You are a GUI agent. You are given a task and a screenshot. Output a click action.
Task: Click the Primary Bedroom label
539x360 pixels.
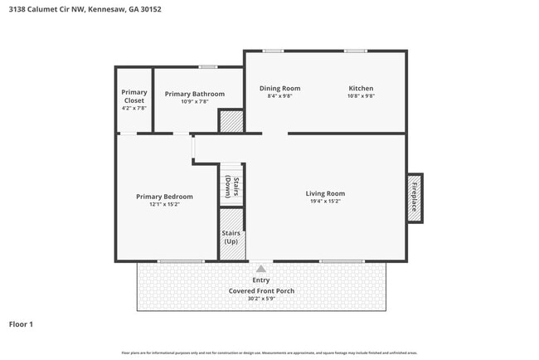pos(164,197)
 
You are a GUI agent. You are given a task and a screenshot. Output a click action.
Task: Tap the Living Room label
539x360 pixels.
pos(325,193)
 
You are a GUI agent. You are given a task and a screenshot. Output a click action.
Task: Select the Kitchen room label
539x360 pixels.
pos(361,88)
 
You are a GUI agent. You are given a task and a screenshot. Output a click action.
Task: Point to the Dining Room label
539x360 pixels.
pos(279,88)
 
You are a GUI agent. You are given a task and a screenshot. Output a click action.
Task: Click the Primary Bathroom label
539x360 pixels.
pos(194,94)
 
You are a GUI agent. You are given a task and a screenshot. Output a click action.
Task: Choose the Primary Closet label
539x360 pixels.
pos(134,96)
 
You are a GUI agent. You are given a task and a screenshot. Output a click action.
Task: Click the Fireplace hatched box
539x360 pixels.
pos(414,198)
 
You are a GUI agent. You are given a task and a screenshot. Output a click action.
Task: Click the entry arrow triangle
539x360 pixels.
pos(261,268)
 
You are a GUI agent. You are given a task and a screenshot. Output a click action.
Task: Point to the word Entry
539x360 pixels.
pos(261,280)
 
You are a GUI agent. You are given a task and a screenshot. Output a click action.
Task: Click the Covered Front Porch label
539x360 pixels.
pos(261,291)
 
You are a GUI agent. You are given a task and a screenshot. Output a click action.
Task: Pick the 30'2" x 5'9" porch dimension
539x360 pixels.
pos(261,299)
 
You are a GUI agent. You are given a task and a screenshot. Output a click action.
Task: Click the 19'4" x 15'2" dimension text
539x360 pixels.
pos(325,201)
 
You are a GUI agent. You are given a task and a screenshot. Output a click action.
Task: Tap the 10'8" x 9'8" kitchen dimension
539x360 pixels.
pos(361,95)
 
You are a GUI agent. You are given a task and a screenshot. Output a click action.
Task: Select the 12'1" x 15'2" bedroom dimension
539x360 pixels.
pos(164,204)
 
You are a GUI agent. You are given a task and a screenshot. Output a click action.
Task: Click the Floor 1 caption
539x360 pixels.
pos(21,324)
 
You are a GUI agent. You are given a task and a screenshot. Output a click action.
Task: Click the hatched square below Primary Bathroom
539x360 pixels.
pos(230,121)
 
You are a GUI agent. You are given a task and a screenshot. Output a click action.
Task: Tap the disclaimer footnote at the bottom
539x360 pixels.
pos(269,353)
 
